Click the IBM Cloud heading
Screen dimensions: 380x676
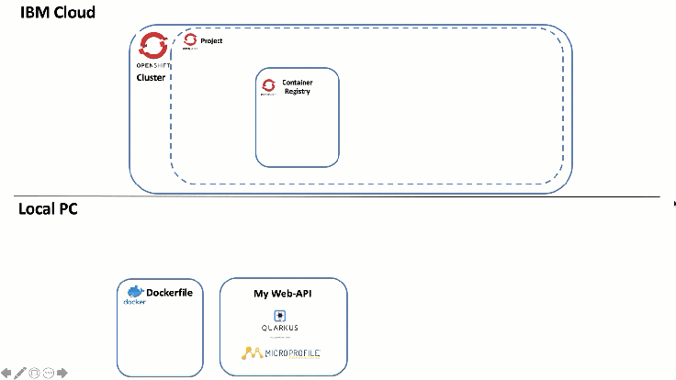click(x=57, y=13)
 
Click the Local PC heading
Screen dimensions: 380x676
click(x=48, y=209)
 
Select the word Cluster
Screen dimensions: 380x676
click(x=151, y=78)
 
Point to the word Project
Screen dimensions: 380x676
click(x=211, y=41)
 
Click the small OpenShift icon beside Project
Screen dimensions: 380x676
click(x=190, y=40)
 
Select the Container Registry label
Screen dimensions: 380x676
click(x=297, y=86)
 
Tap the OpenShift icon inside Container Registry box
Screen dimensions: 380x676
click(x=269, y=85)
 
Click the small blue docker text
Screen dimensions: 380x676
click(x=134, y=302)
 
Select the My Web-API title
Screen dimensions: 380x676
click(x=283, y=294)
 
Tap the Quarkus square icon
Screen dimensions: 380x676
click(x=280, y=314)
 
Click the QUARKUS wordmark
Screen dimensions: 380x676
click(x=280, y=328)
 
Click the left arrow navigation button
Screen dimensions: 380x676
click(x=6, y=373)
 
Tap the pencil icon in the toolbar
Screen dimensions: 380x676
click(x=19, y=373)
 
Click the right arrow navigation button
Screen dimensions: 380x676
click(x=62, y=373)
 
